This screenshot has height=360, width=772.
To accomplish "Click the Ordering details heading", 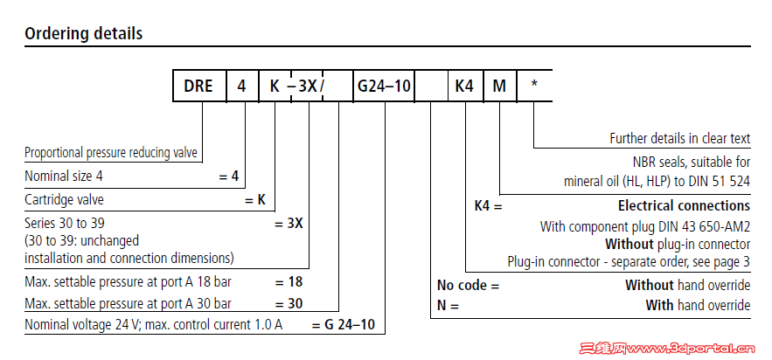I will [x=84, y=34].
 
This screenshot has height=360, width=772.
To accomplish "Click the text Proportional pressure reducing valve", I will [x=111, y=152].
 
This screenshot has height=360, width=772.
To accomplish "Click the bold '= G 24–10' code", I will [x=344, y=325].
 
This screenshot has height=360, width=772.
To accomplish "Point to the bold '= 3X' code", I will [x=289, y=223].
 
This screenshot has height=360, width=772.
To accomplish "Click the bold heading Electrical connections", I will [x=684, y=206].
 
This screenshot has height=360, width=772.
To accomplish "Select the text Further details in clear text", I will [x=679, y=138].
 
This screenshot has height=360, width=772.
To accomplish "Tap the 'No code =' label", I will [x=468, y=285].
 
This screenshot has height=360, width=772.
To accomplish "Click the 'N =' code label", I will [x=448, y=305].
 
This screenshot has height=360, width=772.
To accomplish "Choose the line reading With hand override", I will [x=698, y=305].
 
